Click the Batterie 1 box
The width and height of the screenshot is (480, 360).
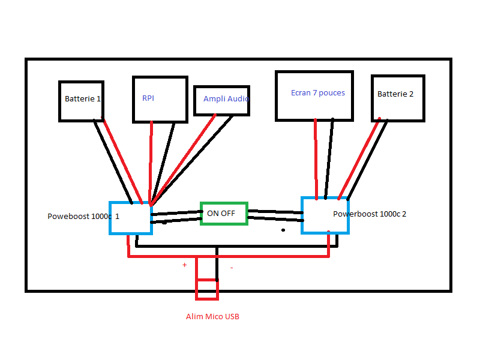82,101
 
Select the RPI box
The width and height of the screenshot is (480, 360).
160,99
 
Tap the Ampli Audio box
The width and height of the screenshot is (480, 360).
221,100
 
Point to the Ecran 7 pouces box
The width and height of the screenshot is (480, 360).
314,95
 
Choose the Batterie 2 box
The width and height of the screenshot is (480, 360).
398,97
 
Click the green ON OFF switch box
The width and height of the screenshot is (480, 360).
224,213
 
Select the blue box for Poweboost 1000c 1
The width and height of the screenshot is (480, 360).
131,218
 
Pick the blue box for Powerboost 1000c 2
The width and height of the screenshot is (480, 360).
325,214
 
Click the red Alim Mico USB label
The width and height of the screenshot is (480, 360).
212,316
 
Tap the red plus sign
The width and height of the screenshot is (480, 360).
184,265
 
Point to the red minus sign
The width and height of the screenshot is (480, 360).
232,268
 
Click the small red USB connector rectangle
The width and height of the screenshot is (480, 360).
207,289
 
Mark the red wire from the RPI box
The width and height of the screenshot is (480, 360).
151,162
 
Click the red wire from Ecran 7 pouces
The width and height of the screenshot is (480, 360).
316,159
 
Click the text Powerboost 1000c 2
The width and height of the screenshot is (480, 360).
370,214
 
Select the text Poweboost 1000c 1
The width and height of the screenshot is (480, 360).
83,217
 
